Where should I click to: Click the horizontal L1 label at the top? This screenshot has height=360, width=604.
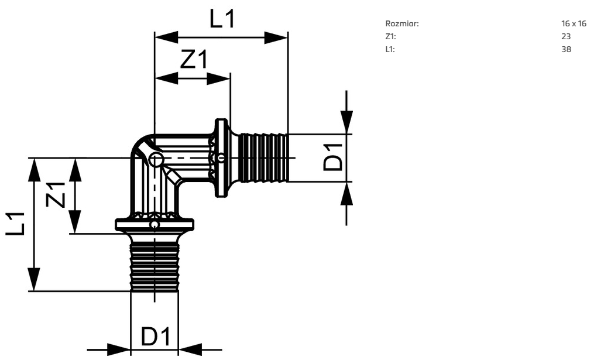click(222, 19)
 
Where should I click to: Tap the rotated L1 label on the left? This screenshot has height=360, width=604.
click(15, 224)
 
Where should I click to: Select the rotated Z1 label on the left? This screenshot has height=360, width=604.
click(56, 194)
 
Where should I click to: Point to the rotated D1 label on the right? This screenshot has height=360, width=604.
click(333, 157)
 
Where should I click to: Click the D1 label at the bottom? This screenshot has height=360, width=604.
click(156, 337)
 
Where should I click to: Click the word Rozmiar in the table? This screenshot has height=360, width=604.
click(401, 23)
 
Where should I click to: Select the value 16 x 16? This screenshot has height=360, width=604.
click(574, 23)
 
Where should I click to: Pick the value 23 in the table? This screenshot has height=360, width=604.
click(566, 36)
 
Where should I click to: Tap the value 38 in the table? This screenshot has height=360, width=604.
click(566, 49)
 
